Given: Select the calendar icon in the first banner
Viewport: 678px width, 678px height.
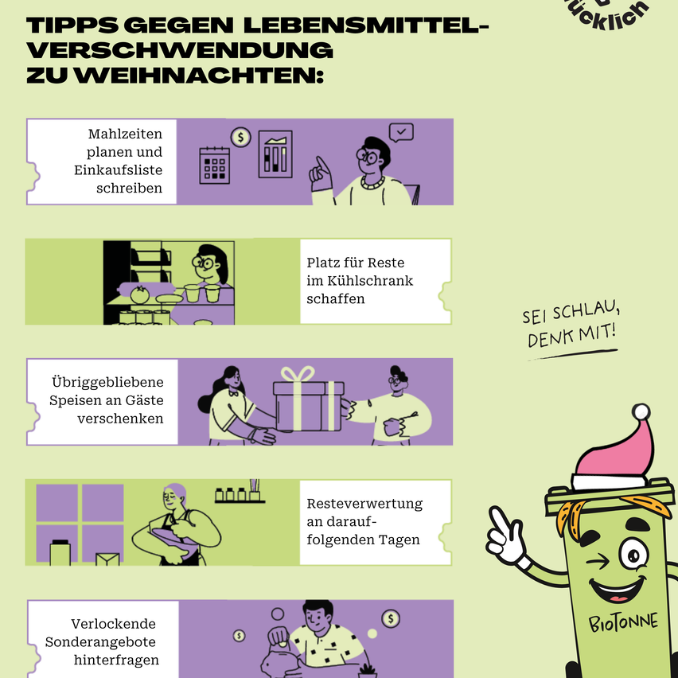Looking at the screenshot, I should (214, 165).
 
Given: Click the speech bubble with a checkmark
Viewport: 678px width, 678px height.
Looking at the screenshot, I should (400, 132).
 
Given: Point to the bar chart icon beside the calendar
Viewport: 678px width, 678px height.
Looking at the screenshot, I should (275, 154).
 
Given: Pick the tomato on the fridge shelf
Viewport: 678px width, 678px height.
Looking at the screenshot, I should (140, 294).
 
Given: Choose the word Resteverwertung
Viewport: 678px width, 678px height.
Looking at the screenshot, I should (364, 504).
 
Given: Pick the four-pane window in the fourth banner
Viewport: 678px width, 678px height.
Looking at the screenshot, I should (80, 523).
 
